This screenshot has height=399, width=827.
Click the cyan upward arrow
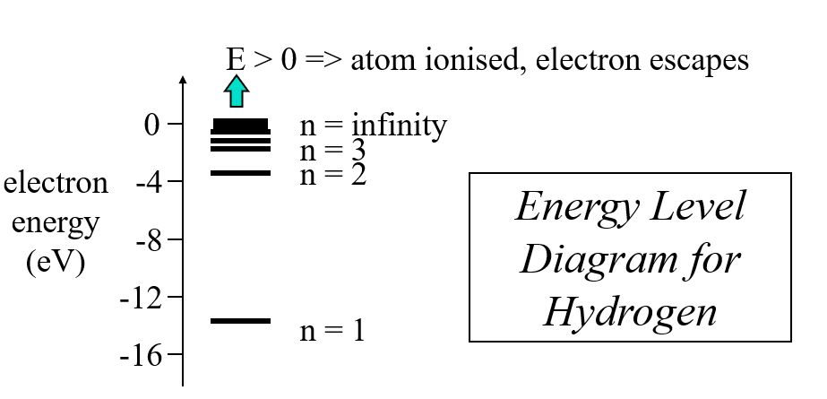coord(236,91)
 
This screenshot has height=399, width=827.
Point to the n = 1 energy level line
coord(239,320)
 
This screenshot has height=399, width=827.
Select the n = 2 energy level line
coord(239,172)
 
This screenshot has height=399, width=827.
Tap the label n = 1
coord(332,332)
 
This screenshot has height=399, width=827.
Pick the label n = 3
coord(332,151)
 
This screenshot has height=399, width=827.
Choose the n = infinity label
coord(372,126)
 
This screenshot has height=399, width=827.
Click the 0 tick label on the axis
coord(152,125)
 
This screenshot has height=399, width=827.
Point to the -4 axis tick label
coord(149,184)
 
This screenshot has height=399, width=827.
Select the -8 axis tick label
coord(149,241)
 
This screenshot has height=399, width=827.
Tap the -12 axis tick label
coord(142,298)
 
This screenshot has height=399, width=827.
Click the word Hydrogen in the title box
coord(630,311)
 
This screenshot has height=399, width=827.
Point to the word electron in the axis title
coord(56,183)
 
